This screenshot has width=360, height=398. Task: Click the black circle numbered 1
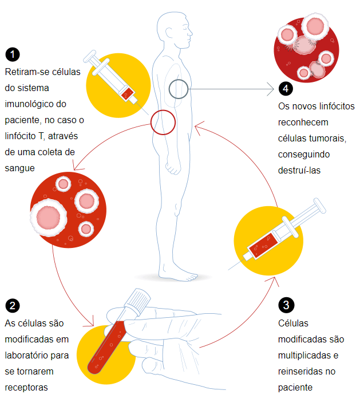point(12,55)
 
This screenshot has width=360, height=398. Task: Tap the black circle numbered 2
point(12,306)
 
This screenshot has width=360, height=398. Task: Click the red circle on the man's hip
point(163,122)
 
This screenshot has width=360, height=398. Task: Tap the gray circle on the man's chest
point(179,89)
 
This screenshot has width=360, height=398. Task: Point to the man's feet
point(180,275)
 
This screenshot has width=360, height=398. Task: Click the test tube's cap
point(139,298)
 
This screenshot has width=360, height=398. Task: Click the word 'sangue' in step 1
point(20,168)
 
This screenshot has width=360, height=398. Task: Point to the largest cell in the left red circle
point(48,216)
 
